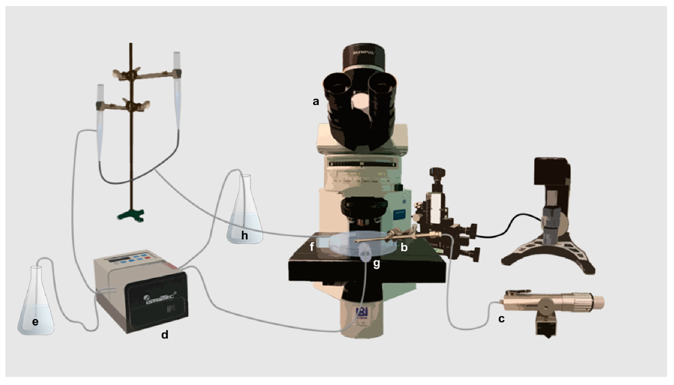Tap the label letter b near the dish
[404, 247]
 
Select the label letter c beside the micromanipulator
[501, 319]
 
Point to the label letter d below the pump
[165, 335]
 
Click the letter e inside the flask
[35, 322]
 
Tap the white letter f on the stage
[312, 247]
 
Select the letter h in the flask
[244, 235]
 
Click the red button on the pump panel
[147, 257]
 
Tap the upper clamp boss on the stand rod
[131, 75]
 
